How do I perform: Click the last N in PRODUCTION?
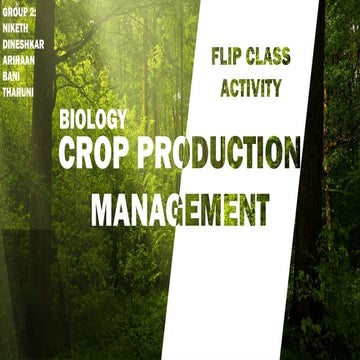tap(288, 154)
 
